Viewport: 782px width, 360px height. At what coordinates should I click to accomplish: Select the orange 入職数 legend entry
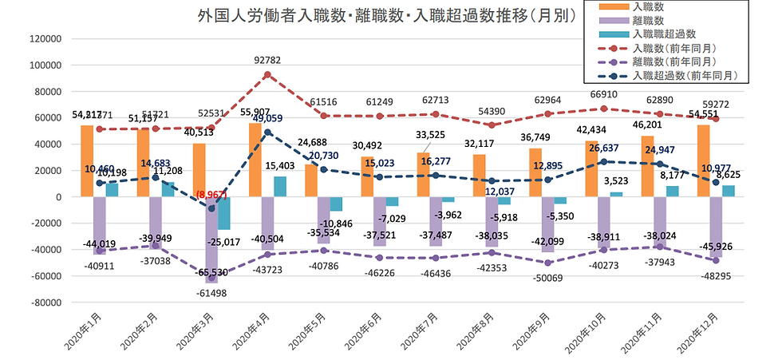(650, 6)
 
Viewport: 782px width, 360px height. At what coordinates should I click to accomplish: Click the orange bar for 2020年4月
(255, 160)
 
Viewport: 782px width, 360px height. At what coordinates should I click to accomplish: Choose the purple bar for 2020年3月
(211, 239)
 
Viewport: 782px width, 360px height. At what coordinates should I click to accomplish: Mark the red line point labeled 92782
(267, 75)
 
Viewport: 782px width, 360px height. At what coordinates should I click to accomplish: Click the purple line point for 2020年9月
(548, 263)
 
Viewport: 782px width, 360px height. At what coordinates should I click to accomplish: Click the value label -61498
(211, 295)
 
